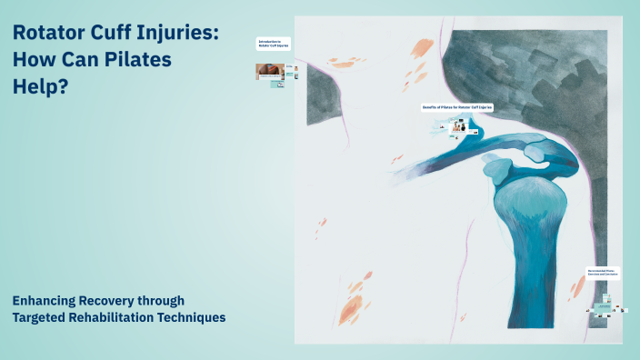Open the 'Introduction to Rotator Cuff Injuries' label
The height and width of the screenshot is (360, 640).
coord(274,44)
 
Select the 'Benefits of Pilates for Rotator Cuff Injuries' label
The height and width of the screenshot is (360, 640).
coord(456,107)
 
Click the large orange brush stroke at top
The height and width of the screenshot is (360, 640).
coord(420,49)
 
